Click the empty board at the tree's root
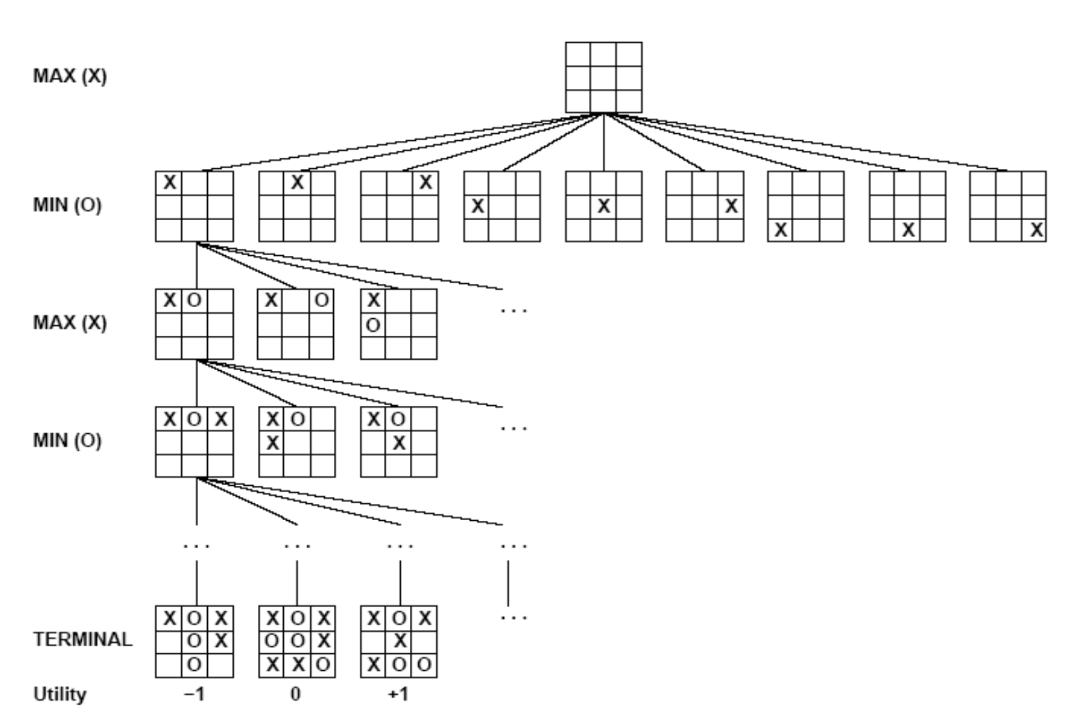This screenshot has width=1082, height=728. tap(603, 77)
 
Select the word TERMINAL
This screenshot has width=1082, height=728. tap(82, 640)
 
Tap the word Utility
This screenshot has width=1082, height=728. tap(59, 694)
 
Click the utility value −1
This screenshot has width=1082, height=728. tap(194, 694)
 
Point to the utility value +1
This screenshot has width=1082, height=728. tap(398, 694)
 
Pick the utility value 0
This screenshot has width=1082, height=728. tap(296, 694)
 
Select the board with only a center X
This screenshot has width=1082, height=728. tap(603, 207)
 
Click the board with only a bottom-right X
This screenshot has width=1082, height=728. tap(1007, 207)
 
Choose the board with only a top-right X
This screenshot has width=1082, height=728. tap(399, 207)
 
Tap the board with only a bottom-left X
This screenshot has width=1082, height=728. tap(806, 207)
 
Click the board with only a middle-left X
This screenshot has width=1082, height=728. tap(501, 207)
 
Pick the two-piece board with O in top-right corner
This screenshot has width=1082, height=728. tap(296, 324)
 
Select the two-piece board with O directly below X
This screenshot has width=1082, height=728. tap(399, 324)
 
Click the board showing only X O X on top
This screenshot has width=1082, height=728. tap(194, 442)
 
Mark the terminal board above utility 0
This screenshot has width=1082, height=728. tap(297, 642)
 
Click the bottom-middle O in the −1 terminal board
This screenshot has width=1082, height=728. tap(194, 665)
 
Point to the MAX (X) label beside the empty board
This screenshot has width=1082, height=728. tap(69, 77)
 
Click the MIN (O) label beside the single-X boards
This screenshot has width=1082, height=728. tap(68, 206)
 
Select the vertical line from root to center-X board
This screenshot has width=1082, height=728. tap(604, 143)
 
